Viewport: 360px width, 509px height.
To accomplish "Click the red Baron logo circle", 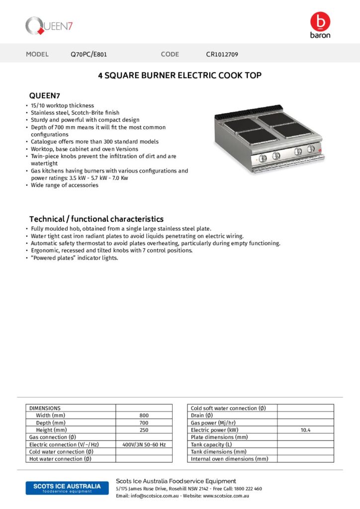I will coord(320,22).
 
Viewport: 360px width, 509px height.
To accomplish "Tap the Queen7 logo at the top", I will coord(50,25).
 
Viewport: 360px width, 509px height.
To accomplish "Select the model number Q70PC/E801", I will coord(89,54).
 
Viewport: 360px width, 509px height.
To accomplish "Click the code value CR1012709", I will coord(225,54).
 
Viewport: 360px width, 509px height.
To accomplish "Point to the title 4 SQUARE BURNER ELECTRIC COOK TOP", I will coord(180,76).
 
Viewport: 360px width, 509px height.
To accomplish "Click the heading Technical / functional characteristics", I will coord(96,219).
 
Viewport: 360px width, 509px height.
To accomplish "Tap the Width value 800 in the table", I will coord(144,415).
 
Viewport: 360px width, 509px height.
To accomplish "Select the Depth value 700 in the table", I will coord(144,423).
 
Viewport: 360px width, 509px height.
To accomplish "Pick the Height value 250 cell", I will coord(144,429).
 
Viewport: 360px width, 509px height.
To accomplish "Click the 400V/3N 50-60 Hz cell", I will coord(144,444).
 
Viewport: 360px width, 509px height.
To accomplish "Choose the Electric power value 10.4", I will coord(305,430).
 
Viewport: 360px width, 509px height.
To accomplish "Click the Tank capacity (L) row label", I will coord(211,444).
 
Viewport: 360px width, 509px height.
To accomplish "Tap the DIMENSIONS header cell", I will coord(45,408).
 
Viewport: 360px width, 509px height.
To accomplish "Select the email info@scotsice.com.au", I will coord(147,496).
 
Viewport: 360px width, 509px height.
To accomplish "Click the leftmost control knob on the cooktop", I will coord(264,158).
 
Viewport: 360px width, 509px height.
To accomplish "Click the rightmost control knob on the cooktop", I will coord(311,149).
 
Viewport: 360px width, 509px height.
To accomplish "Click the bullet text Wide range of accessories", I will coord(65,185).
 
